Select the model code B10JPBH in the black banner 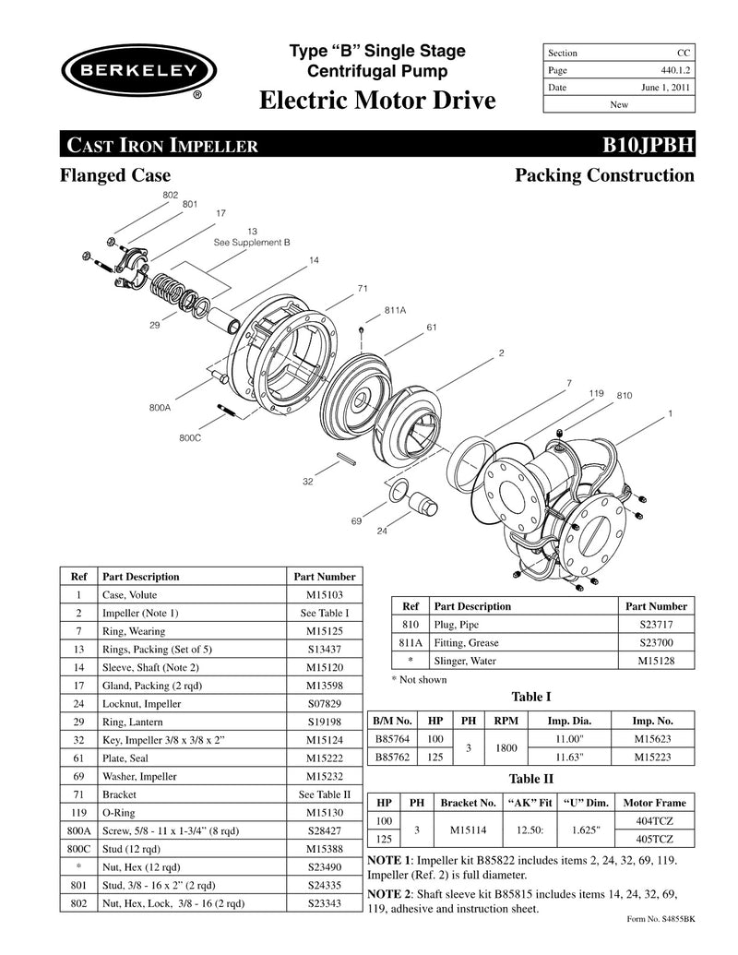(648, 145)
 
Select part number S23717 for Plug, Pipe (656, 626)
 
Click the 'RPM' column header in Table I (505, 721)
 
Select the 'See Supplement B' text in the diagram (252, 242)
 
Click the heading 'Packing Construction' (604, 174)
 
